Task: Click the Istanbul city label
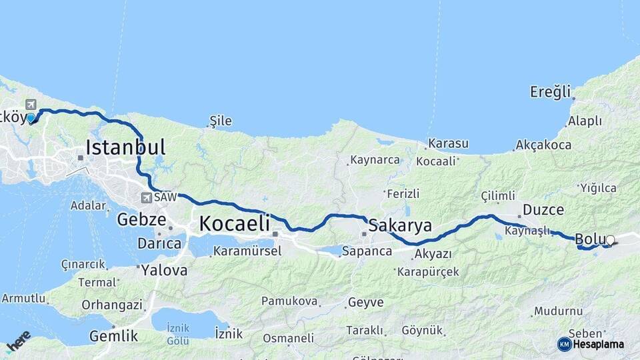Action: click(x=125, y=147)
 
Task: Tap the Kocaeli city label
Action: click(x=234, y=223)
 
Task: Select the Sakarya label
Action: click(x=400, y=225)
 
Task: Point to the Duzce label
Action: click(x=543, y=209)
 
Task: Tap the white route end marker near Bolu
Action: click(x=610, y=240)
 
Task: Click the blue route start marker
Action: click(x=31, y=118)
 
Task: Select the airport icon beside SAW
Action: click(x=145, y=197)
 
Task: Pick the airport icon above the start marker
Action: click(x=31, y=104)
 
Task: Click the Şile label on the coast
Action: click(x=221, y=121)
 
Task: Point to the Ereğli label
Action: click(x=551, y=91)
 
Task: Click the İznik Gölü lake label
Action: click(x=178, y=334)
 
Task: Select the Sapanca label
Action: click(x=367, y=251)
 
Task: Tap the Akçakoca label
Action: click(x=543, y=145)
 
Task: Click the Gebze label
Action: click(x=141, y=219)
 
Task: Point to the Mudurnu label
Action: click(x=558, y=311)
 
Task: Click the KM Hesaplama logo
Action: click(x=591, y=344)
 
